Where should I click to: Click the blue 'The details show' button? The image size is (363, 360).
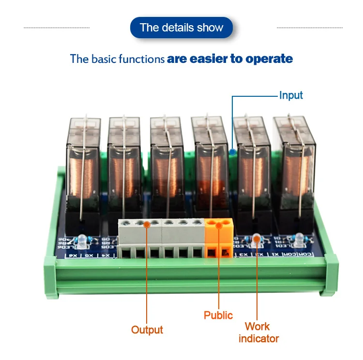tap(181, 28)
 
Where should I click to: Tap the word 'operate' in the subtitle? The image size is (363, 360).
tap(269, 60)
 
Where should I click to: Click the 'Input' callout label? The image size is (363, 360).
tap(291, 95)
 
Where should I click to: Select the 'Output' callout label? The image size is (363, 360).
tap(147, 330)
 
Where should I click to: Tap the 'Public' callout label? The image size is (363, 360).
tap(218, 315)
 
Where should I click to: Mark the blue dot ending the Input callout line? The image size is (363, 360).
tap(233, 152)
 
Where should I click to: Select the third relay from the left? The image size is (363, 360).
tap(167, 169)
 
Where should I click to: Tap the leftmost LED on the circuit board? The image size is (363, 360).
tap(80, 240)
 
